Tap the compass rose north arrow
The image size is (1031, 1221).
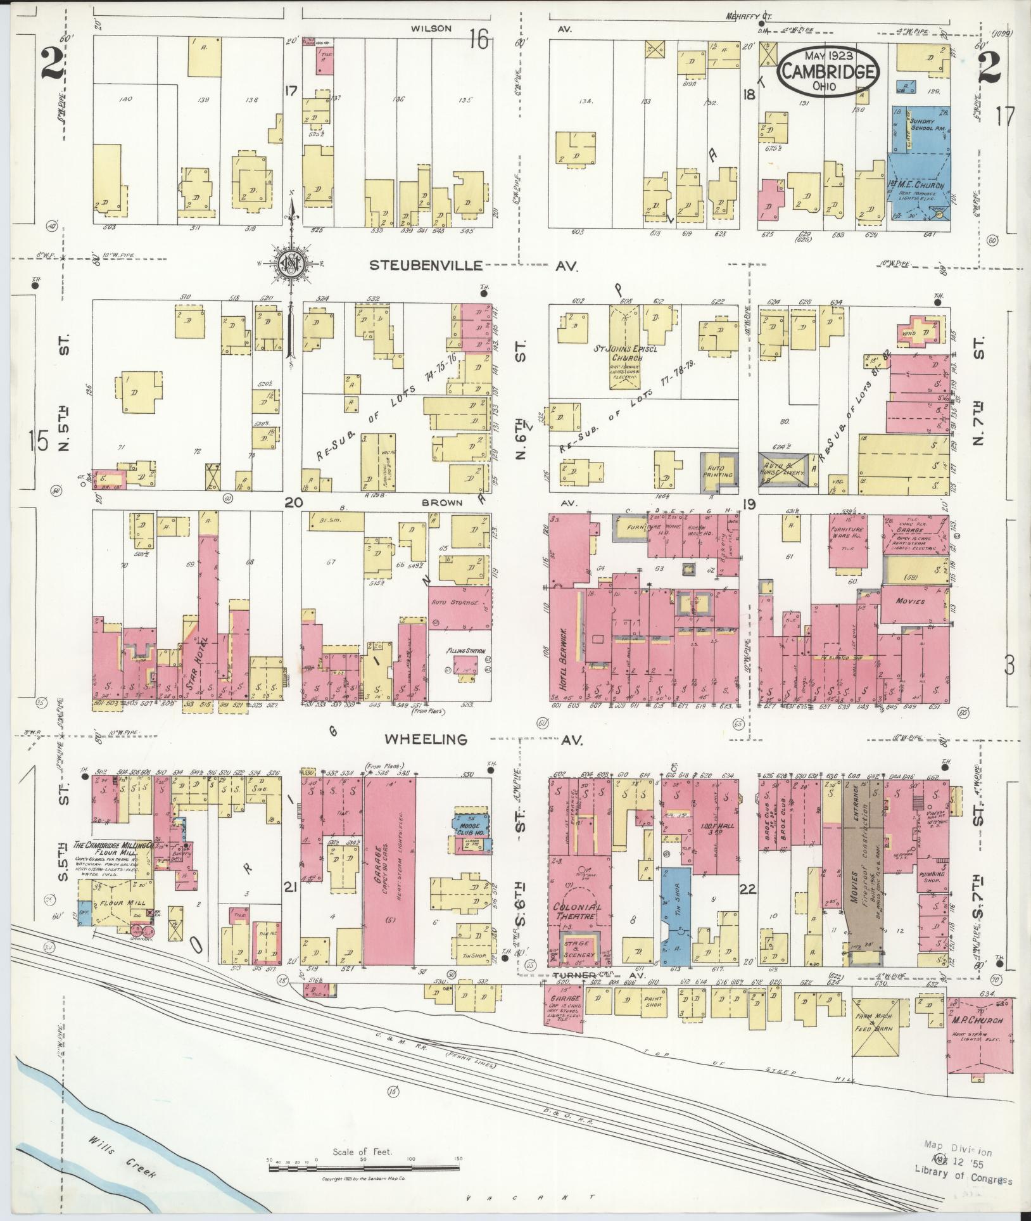click(291, 264)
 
